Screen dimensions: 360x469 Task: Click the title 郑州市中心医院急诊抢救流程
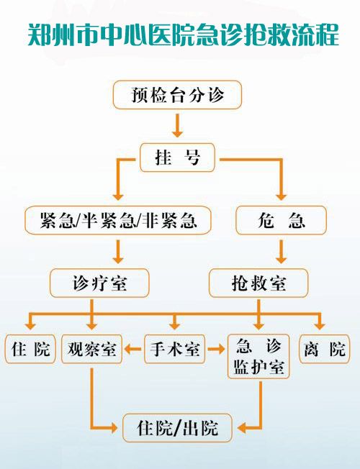click(x=184, y=35)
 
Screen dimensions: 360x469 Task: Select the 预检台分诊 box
click(x=177, y=95)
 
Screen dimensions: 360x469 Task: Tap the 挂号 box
click(x=177, y=158)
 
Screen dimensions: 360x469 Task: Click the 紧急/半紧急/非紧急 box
click(x=118, y=220)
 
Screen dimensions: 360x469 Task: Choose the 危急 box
click(x=281, y=220)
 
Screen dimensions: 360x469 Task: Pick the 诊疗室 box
click(x=99, y=283)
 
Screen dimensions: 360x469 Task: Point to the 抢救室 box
click(x=258, y=283)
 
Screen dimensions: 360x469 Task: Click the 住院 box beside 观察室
click(x=30, y=349)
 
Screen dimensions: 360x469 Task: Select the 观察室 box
click(x=91, y=349)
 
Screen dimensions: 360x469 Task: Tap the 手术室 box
click(x=175, y=349)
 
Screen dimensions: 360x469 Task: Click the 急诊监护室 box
click(x=258, y=357)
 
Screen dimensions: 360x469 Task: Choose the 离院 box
click(x=324, y=349)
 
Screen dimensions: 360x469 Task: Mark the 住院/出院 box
click(x=177, y=428)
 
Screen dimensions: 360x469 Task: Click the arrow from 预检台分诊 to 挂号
click(x=177, y=125)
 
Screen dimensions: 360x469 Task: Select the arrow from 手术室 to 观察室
click(x=133, y=349)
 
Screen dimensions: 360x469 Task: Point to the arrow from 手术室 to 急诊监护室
click(x=216, y=349)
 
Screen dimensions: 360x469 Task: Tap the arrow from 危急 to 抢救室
click(x=281, y=252)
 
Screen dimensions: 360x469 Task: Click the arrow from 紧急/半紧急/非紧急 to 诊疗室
click(x=118, y=252)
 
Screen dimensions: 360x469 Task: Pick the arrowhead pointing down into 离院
click(x=320, y=325)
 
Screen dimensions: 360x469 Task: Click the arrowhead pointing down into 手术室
click(x=175, y=325)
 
